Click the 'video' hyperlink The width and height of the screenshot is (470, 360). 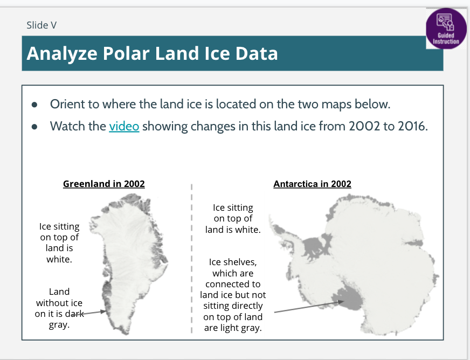pyautogui.click(x=124, y=126)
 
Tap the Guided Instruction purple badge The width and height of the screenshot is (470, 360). pyautogui.click(x=446, y=29)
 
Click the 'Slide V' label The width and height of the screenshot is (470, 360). pyautogui.click(x=42, y=25)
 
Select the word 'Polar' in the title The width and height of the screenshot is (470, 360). pyautogui.click(x=126, y=53)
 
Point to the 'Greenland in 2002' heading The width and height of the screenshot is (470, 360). pyautogui.click(x=103, y=184)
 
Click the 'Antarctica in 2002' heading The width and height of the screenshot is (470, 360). pyautogui.click(x=312, y=184)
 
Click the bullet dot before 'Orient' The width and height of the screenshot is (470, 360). pyautogui.click(x=34, y=105)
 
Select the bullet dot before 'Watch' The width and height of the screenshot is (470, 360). pyautogui.click(x=34, y=127)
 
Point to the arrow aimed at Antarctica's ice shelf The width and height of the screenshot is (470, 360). pyautogui.click(x=309, y=307)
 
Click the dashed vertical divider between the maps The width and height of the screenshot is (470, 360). pyautogui.click(x=191, y=258)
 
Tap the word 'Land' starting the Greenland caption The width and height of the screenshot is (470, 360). pyautogui.click(x=59, y=292)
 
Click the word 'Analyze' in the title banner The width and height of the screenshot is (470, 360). pyautogui.click(x=62, y=54)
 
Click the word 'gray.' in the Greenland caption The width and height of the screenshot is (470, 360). pyautogui.click(x=59, y=324)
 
